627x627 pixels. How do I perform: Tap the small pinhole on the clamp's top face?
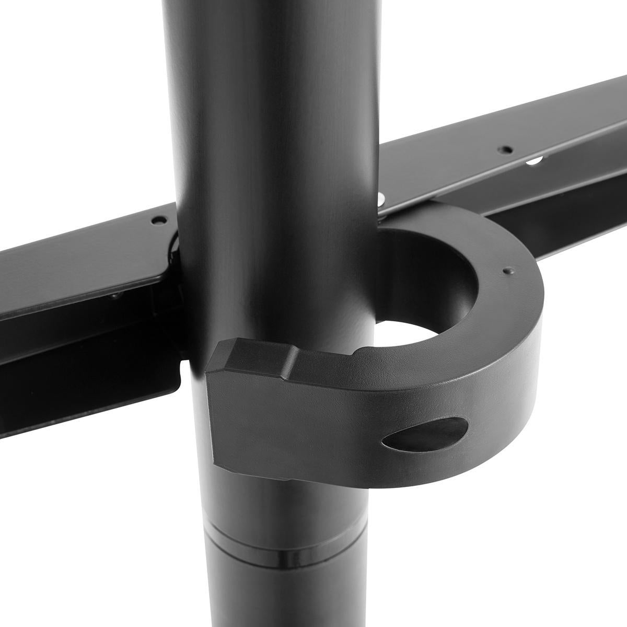(x=505, y=271)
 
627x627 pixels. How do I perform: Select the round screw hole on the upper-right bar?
(x=504, y=149)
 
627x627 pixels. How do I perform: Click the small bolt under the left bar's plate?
(x=114, y=296)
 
